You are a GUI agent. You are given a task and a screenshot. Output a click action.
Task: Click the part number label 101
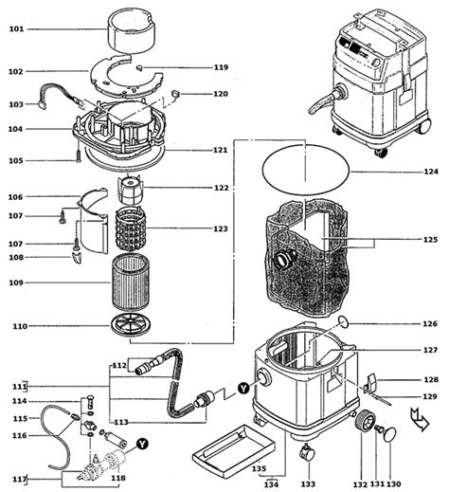pyautogui.click(x=16, y=29)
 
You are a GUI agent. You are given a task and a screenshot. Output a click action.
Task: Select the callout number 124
pyautogui.click(x=431, y=172)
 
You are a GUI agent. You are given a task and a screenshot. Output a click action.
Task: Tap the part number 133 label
pyautogui.click(x=308, y=483)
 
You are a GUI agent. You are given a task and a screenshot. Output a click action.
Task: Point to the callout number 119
pyautogui.click(x=221, y=67)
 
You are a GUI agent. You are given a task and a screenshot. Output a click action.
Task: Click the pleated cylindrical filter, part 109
pyautogui.click(x=131, y=282)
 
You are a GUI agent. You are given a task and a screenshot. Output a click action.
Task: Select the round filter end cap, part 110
pyautogui.click(x=131, y=325)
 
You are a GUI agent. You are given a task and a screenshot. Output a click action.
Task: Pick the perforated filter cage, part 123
pyautogui.click(x=131, y=228)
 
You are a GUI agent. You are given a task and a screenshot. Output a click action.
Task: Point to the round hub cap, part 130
pyautogui.click(x=390, y=434)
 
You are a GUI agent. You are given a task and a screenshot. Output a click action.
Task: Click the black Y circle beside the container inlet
pyautogui.click(x=243, y=388)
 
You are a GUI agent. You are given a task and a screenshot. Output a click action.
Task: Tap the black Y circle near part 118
pyautogui.click(x=143, y=444)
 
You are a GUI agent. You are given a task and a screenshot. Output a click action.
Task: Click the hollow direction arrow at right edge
pyautogui.click(x=420, y=419)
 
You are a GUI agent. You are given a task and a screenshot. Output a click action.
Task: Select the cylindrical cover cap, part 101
pyautogui.click(x=132, y=30)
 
